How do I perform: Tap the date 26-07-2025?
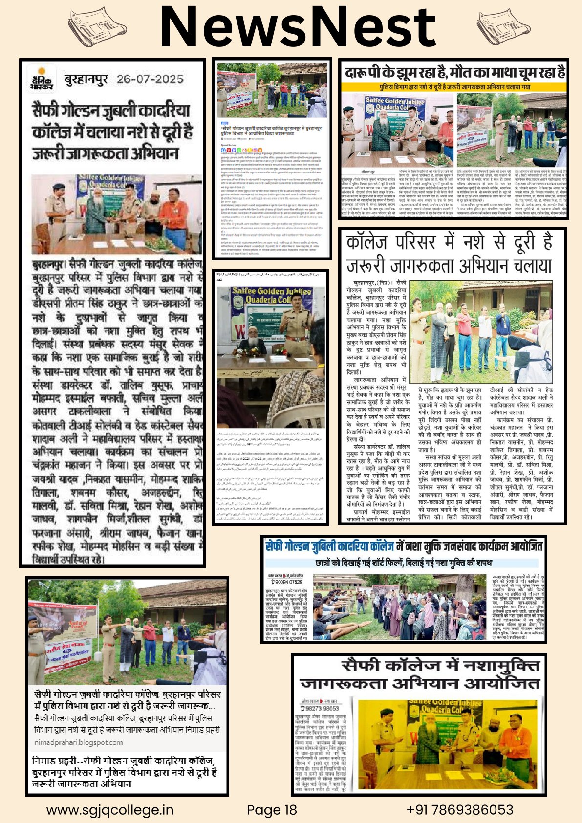point(150,79)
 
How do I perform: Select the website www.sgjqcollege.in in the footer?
point(109,810)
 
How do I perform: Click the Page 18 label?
point(272,810)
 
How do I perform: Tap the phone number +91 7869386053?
point(459,810)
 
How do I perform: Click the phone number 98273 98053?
point(322,708)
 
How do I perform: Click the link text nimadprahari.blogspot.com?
point(79,742)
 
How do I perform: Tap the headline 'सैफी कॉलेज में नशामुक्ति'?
point(419,674)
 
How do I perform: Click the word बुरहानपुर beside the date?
point(86,79)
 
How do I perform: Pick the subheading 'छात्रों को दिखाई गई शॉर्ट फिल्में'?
point(403,563)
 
